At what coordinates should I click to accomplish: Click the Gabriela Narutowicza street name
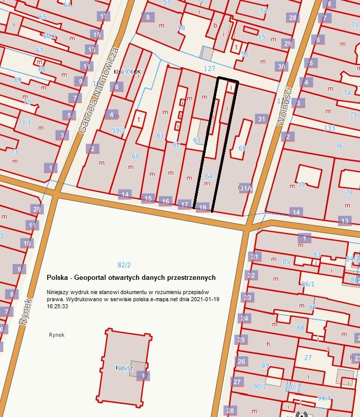99,90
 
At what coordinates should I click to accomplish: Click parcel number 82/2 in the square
124,265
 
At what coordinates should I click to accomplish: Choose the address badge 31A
246,188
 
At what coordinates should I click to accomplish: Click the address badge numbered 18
203,207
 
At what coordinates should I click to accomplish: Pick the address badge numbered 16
165,201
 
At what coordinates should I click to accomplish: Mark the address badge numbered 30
281,66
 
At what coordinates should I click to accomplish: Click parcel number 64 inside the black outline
209,176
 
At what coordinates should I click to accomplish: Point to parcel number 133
329,128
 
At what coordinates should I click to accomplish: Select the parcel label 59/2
118,131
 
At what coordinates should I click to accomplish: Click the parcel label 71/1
24,122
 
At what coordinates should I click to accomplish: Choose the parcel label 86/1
307,283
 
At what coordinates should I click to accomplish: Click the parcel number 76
339,146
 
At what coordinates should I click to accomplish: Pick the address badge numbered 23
247,297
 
